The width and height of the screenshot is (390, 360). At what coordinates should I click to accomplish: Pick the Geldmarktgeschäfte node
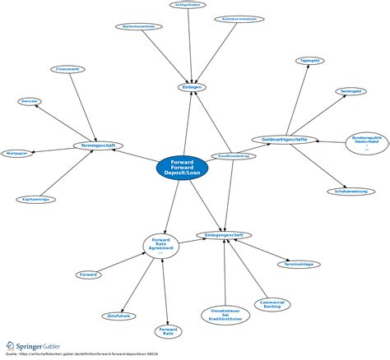[279, 140]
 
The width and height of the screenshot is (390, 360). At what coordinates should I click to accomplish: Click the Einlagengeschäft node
[223, 235]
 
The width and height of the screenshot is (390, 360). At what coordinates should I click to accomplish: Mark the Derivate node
[30, 101]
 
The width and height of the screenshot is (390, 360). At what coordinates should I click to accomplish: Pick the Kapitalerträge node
[33, 199]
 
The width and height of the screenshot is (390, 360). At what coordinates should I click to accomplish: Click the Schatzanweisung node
[351, 192]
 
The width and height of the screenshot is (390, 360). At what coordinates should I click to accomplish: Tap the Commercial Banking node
[272, 304]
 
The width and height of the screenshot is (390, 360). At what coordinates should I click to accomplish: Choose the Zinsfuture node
[120, 315]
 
